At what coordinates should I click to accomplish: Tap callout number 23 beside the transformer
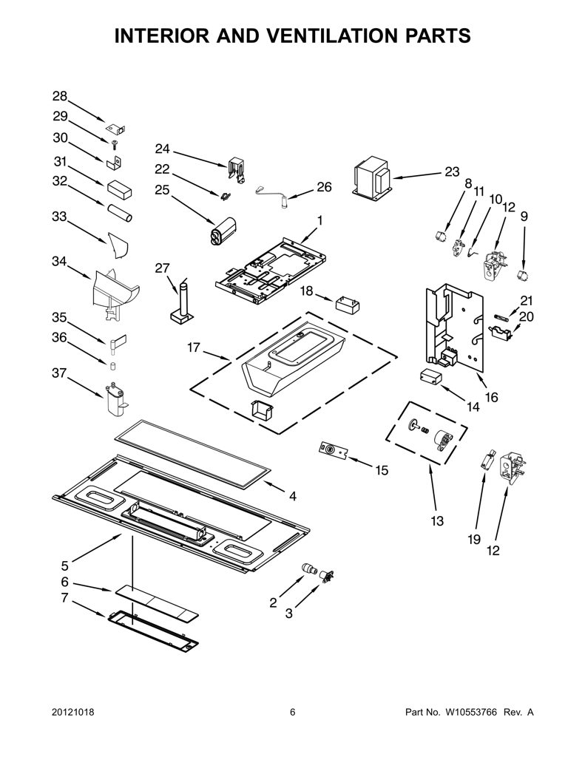tap(452, 172)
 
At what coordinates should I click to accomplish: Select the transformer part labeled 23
tap(373, 177)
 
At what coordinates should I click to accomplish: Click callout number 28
tap(60, 96)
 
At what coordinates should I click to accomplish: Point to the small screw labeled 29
tap(115, 144)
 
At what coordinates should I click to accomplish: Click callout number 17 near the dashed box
tap(194, 347)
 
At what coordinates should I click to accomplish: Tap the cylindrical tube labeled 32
tap(119, 212)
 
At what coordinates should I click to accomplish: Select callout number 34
tap(59, 261)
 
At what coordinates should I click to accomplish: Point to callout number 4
tap(293, 496)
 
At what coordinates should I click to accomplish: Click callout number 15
tap(382, 469)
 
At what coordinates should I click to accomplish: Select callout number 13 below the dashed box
tap(437, 521)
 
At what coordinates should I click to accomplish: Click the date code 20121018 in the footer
tap(72, 712)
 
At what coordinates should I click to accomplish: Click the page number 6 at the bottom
tap(292, 712)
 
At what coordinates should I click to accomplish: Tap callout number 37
tap(60, 373)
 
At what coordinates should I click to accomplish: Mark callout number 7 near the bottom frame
tap(65, 597)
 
